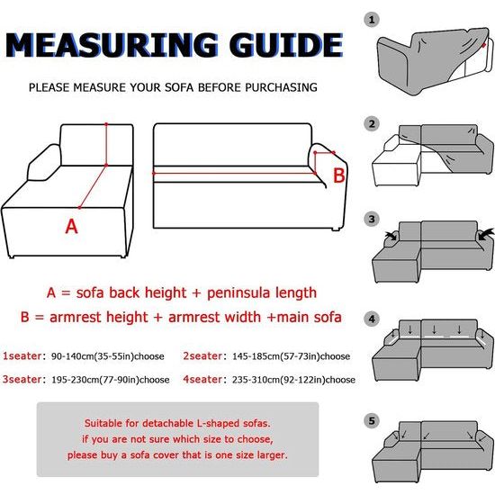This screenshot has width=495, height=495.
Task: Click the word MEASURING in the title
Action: (x=112, y=45)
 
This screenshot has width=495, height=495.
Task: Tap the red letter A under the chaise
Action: (x=71, y=226)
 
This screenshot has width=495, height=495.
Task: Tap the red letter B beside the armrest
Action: (x=339, y=175)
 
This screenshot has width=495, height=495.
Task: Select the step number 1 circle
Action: (x=372, y=20)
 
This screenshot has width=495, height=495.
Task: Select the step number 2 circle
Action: (x=372, y=124)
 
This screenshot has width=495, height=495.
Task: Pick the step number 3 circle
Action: (x=372, y=219)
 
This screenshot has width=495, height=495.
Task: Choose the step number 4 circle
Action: (x=372, y=319)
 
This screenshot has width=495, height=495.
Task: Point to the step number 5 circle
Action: (x=372, y=421)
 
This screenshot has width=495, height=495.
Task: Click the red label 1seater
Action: (x=22, y=356)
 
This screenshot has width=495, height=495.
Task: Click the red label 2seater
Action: (x=202, y=356)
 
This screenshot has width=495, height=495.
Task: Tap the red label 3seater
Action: (x=22, y=379)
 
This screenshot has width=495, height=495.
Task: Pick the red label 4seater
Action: (x=202, y=379)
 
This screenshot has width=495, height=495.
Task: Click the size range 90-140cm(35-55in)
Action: (x=93, y=356)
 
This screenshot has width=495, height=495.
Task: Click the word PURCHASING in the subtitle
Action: (x=282, y=87)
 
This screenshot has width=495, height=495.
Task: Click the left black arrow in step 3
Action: (x=391, y=236)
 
